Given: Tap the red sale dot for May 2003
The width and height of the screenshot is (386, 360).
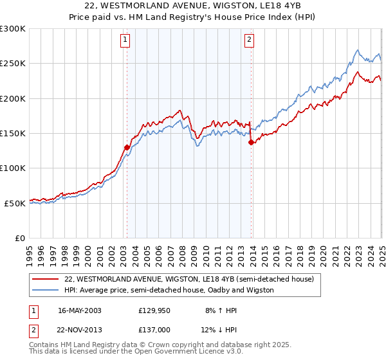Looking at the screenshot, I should click(x=127, y=147).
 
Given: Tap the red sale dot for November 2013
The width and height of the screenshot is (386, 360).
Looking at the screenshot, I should click(x=251, y=143).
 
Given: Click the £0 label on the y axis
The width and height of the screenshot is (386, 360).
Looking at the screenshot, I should click(x=19, y=238).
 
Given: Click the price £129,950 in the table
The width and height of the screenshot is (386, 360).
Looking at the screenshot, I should click(x=153, y=310).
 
